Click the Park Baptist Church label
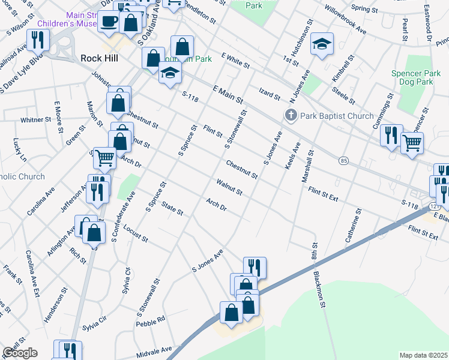(337, 116)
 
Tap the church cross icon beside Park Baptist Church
(291, 116)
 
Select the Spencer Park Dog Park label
(420, 76)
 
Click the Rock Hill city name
(99, 58)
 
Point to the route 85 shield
(343, 161)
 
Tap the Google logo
(20, 353)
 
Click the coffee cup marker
(109, 22)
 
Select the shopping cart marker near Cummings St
(412, 143)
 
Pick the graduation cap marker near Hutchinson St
(322, 43)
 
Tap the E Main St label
(228, 94)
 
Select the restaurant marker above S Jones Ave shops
(255, 268)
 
